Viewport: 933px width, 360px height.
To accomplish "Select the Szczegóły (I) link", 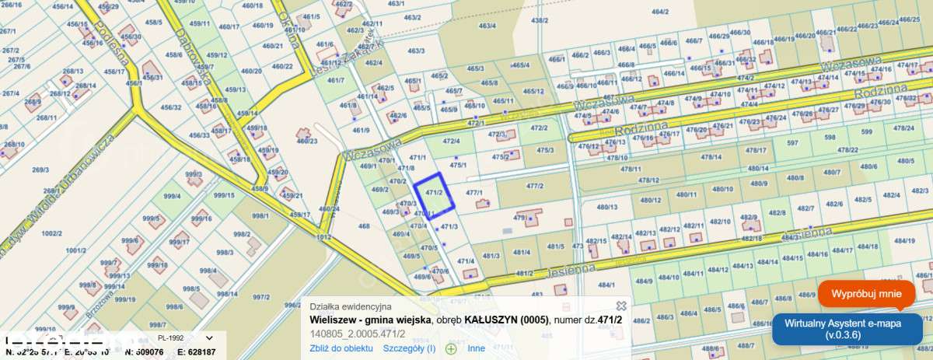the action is pos(410,348).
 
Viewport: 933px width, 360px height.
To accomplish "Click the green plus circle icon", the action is pos(451,348).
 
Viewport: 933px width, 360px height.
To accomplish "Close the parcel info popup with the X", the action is pos(621,306).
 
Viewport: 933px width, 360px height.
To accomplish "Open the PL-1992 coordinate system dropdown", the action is pos(184,339).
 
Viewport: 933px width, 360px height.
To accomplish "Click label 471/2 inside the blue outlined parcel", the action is pos(434,192).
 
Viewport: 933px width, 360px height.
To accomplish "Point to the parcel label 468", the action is pos(364,226).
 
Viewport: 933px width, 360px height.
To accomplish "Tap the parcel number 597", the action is pos(792,142).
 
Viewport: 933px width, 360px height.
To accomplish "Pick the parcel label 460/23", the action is pos(307,141).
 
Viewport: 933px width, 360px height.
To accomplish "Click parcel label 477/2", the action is pos(533,186).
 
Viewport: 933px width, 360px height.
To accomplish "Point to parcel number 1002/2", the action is pos(51,232).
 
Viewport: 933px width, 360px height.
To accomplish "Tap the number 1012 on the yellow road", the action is pos(324,236).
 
